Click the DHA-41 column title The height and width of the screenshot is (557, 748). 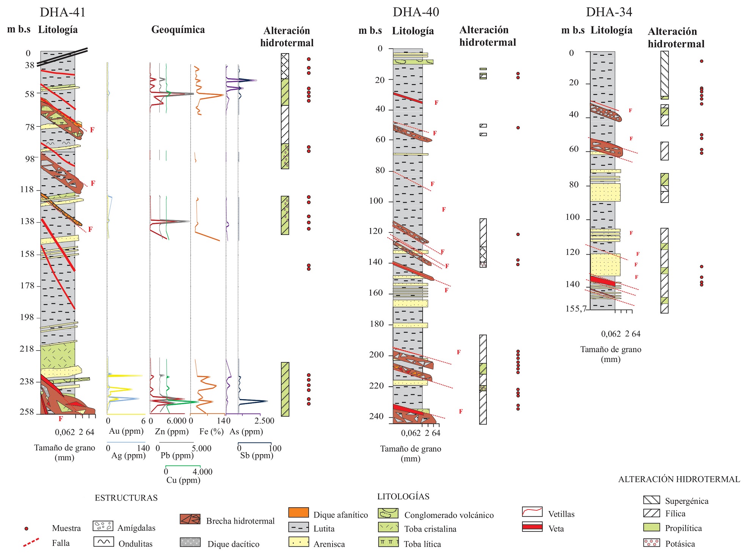coord(63,12)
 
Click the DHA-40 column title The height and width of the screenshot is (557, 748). coord(416,12)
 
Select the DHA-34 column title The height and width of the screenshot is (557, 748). coord(609,12)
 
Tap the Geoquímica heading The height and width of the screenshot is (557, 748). coord(178,30)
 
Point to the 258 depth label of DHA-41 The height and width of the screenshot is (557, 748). coord(27,412)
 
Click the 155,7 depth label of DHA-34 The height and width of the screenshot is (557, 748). coord(576,308)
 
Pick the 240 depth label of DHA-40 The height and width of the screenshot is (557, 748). coord(376,416)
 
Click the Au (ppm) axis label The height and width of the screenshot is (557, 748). coord(126,431)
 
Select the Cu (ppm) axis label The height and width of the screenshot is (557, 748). coord(183,480)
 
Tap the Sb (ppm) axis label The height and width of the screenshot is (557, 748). coord(257,455)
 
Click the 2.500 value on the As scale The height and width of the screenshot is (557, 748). coord(264,421)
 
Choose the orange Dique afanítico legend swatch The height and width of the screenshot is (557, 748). coord(298,513)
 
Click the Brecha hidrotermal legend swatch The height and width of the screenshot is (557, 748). coord(190,519)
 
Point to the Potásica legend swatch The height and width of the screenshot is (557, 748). coord(651,543)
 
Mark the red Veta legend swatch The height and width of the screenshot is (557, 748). coord(532,527)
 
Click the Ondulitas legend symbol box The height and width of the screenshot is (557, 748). coord(103,542)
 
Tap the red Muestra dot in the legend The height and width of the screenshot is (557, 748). coord(26,529)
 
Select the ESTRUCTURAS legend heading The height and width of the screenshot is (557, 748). coord(126,498)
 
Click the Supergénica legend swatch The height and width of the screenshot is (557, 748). coord(651,500)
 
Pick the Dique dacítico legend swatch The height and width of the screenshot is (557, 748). coord(190,542)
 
